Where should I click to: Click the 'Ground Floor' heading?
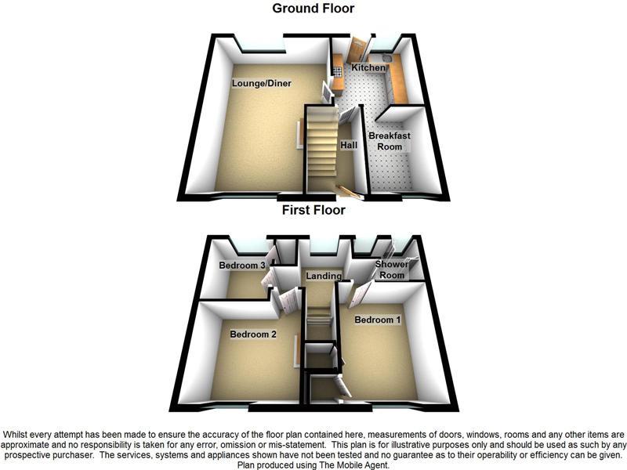pyautogui.click(x=313, y=9)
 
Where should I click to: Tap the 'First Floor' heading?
pyautogui.click(x=313, y=210)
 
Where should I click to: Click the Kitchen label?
pyautogui.click(x=368, y=69)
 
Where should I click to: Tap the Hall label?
pyautogui.click(x=349, y=146)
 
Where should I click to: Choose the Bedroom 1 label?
pyautogui.click(x=378, y=320)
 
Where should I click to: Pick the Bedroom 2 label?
pyautogui.click(x=253, y=334)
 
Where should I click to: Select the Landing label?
pyautogui.click(x=324, y=276)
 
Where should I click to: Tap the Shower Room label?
pyautogui.click(x=392, y=270)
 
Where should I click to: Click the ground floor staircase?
pyautogui.click(x=320, y=149)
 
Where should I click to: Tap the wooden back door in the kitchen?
pyautogui.click(x=357, y=50)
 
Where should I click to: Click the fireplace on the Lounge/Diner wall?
pyautogui.click(x=298, y=133)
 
